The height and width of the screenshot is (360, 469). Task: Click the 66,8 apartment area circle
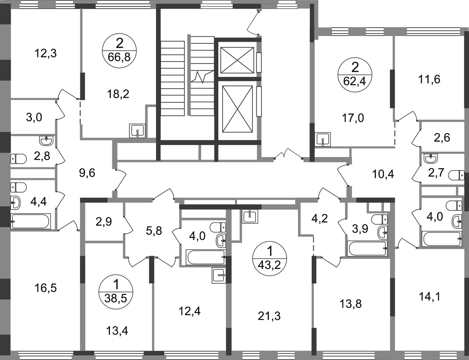pyautogui.click(x=119, y=51)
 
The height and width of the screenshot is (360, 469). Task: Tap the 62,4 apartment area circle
pyautogui.click(x=355, y=75)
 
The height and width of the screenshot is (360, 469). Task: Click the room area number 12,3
pyautogui.click(x=46, y=53)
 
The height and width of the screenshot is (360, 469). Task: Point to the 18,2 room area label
pyautogui.click(x=118, y=94)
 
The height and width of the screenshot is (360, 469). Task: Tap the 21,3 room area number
pyautogui.click(x=269, y=316)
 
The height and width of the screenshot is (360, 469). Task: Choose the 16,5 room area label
pyautogui.click(x=46, y=288)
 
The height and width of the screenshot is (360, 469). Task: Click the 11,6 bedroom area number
pyautogui.click(x=429, y=79)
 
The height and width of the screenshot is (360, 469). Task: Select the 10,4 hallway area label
pyautogui.click(x=383, y=174)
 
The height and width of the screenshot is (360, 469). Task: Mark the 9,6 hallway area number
pyautogui.click(x=87, y=173)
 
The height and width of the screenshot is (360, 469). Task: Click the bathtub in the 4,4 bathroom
pyautogui.click(x=31, y=221)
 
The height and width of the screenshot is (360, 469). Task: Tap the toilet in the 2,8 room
pyautogui.click(x=19, y=159)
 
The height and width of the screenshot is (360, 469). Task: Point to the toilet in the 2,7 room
pyautogui.click(x=456, y=175)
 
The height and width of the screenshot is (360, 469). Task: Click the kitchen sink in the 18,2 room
pyautogui.click(x=137, y=131)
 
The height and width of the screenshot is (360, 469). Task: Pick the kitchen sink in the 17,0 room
pyautogui.click(x=323, y=139)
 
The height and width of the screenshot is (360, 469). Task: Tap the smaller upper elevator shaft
pyautogui.click(x=237, y=60)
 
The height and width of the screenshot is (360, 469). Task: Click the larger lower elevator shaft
pyautogui.click(x=237, y=109)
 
